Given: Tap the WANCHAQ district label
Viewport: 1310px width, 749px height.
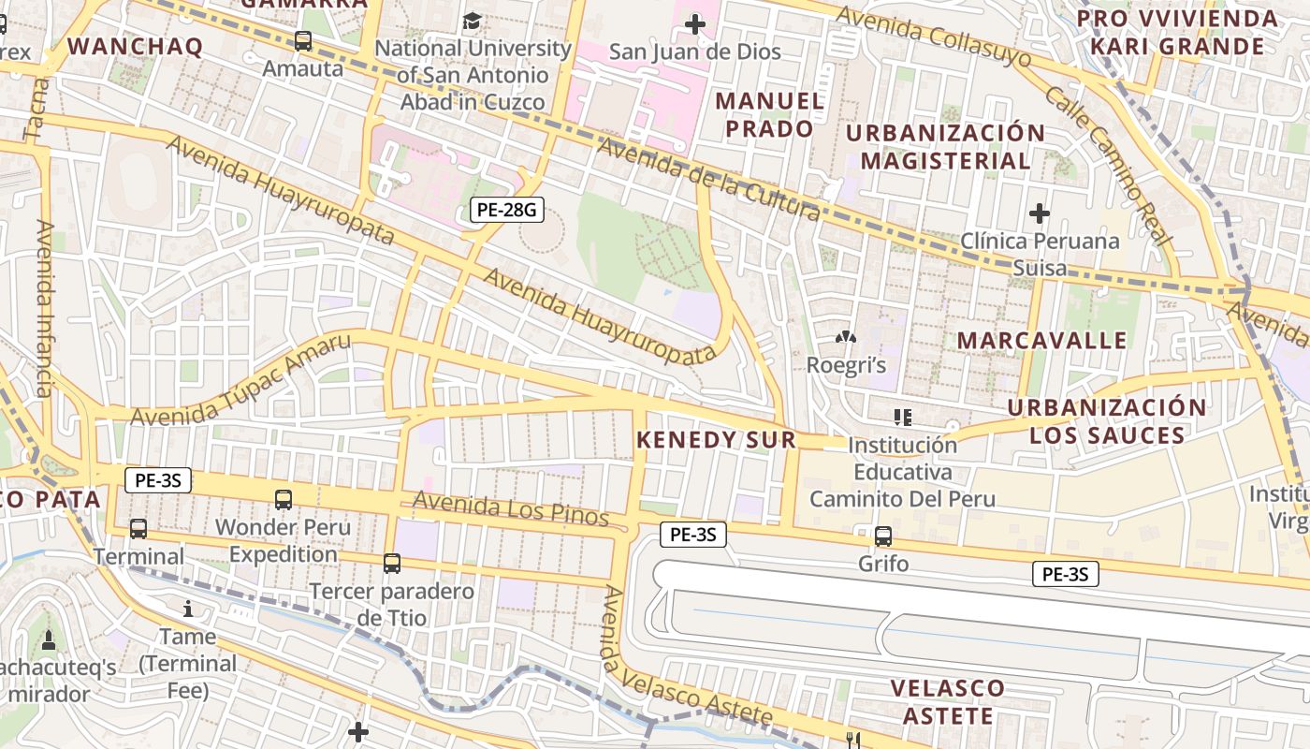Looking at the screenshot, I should tap(135, 47).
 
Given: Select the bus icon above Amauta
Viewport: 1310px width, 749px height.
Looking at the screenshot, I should tap(302, 40).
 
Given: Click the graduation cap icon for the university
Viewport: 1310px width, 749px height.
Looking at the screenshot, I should tap(473, 21).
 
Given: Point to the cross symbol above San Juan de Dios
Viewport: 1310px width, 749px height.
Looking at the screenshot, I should tap(694, 23).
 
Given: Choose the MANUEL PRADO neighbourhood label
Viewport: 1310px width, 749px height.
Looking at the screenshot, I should tap(770, 114).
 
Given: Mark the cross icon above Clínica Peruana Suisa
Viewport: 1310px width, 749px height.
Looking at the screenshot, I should tap(1039, 213).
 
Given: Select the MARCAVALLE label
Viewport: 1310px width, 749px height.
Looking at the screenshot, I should tap(1041, 340).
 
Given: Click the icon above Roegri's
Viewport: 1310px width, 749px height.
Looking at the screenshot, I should tap(846, 335).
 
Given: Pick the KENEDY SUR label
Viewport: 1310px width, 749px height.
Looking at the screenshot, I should tap(716, 440).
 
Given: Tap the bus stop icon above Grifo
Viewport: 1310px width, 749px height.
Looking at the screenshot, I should tap(882, 536).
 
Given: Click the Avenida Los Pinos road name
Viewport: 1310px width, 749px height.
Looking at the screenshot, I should tap(510, 509).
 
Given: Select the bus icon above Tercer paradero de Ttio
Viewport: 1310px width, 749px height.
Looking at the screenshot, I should tap(392, 564).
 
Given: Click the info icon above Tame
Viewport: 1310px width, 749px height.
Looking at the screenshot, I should tap(188, 609).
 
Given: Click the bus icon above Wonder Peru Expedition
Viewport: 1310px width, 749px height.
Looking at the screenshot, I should tap(284, 499).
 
